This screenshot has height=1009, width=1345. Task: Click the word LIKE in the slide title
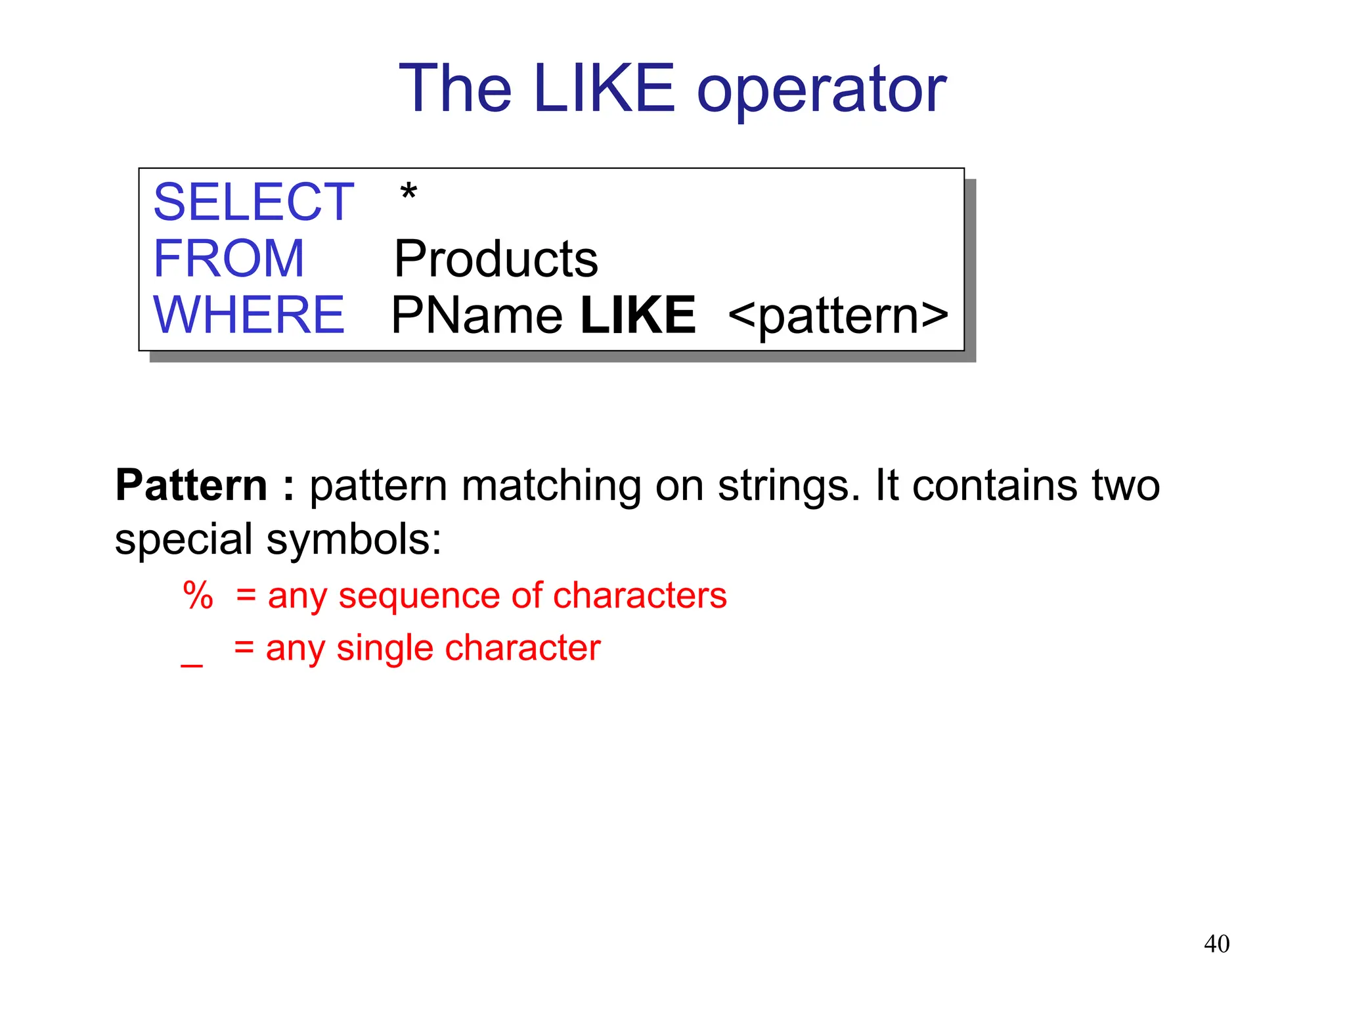tap(604, 89)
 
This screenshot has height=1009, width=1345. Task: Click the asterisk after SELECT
tap(408, 193)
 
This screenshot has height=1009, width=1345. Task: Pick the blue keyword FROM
tap(229, 258)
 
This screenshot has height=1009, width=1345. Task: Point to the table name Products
tap(496, 259)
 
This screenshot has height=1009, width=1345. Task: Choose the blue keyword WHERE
tap(249, 315)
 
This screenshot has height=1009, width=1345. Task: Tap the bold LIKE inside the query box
tap(638, 315)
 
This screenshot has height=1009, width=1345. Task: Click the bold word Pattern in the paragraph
tap(191, 485)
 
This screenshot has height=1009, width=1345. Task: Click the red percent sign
tap(198, 596)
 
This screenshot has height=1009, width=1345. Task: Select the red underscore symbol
tap(192, 665)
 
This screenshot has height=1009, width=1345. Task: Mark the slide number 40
tap(1216, 944)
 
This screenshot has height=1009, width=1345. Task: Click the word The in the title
tap(455, 89)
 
